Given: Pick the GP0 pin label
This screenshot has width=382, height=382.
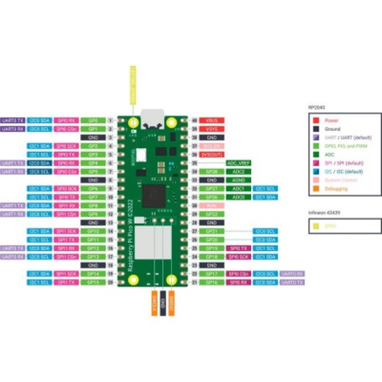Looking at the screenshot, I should tap(93, 120).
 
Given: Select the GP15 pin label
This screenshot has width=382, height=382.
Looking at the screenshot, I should tap(93, 282).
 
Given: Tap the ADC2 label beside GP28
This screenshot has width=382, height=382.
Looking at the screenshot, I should tap(238, 171).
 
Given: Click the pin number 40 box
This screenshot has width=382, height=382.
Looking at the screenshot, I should tap(194, 120).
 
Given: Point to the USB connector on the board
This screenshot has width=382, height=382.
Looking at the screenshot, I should tap(150, 116).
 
